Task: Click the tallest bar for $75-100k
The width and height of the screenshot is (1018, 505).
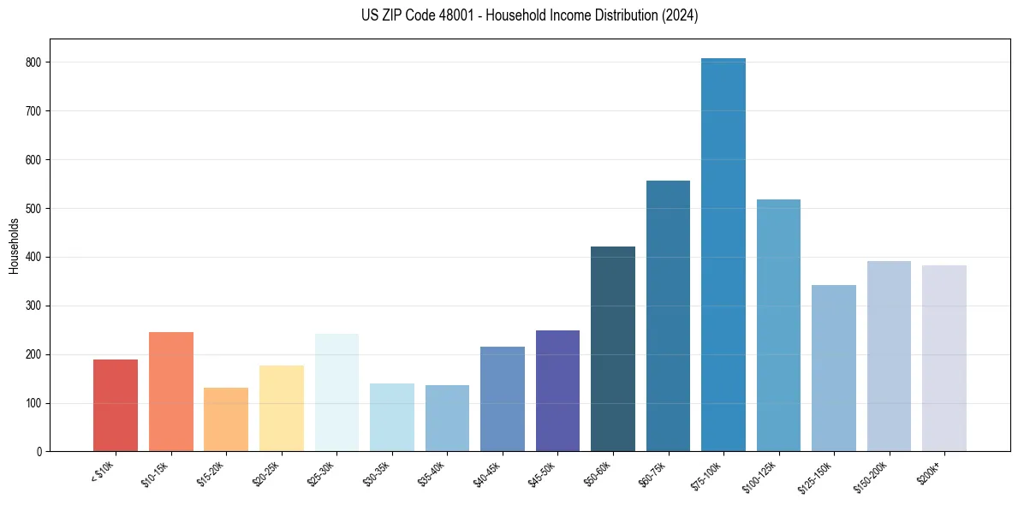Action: [x=723, y=257]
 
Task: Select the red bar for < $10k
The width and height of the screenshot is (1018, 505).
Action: [x=116, y=406]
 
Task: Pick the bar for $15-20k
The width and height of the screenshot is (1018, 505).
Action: [x=226, y=419]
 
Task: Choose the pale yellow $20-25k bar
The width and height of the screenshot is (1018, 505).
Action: [x=282, y=408]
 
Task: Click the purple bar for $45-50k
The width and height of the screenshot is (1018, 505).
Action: [x=557, y=391]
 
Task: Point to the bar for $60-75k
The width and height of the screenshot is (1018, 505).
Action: [x=668, y=317]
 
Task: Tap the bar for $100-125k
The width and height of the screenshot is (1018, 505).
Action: [x=778, y=326]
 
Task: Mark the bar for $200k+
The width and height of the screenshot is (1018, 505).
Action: [x=944, y=359]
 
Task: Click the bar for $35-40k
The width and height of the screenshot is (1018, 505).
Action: [x=447, y=419]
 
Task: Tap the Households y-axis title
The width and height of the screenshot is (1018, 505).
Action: [x=15, y=246]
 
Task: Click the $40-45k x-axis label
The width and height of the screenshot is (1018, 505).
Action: [x=487, y=474]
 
